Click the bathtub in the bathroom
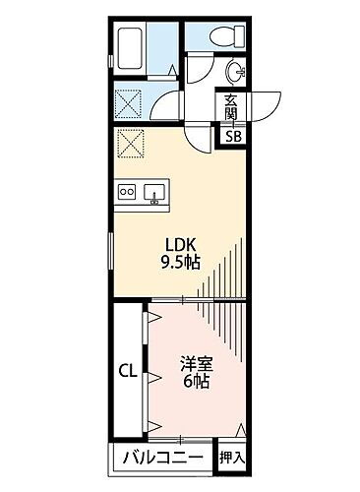click(142, 46)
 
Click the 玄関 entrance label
click(230, 106)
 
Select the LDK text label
click(177, 244)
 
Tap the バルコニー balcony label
click(163, 457)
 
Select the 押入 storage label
click(232, 457)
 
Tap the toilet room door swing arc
click(201, 71)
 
